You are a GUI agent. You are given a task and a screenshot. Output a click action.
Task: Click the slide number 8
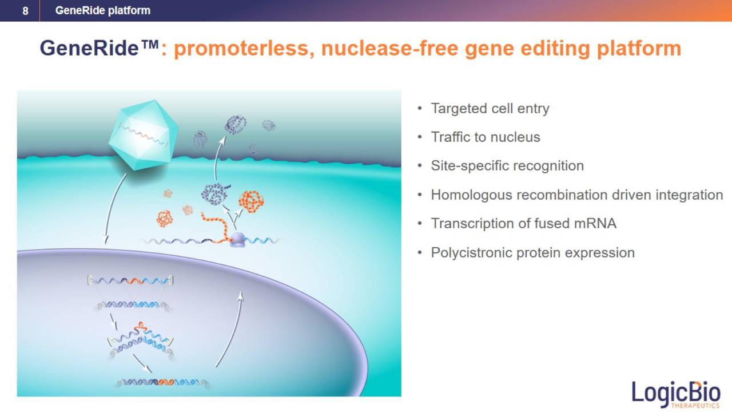25,11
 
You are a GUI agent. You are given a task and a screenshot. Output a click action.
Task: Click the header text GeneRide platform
102,10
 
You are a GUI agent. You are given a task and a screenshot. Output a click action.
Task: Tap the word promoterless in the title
241,49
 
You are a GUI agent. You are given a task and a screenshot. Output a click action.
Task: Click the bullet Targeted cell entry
490,108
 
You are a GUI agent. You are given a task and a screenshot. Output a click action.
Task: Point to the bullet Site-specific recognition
507,166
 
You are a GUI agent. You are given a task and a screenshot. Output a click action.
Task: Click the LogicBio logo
676,394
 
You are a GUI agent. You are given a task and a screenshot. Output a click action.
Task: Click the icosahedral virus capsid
144,134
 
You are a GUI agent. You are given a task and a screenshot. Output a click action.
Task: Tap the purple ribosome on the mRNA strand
237,240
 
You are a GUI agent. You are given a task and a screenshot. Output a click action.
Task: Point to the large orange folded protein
251,201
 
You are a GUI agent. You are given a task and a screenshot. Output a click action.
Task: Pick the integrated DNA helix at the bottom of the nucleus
163,382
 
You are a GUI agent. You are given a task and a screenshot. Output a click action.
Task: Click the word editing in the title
555,49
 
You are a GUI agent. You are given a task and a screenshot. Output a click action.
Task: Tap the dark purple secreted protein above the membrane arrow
236,124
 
